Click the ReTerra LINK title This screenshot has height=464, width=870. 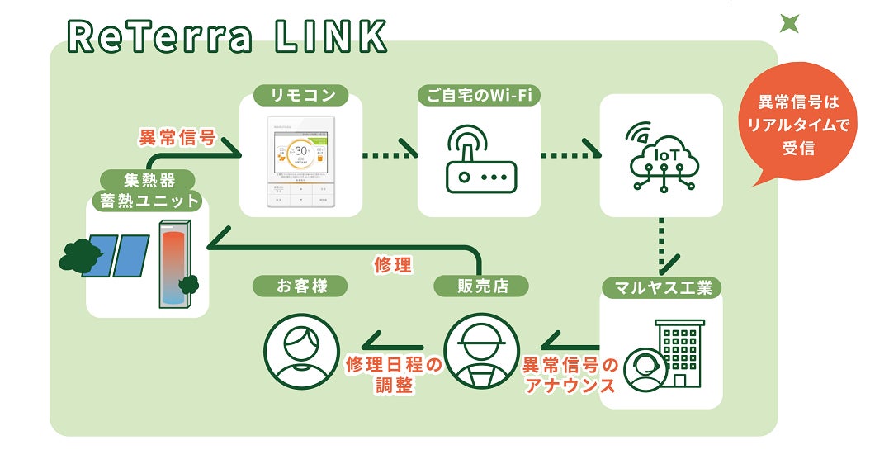(227, 36)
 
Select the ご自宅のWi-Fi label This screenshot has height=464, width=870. (479, 96)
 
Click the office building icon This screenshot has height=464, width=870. (682, 352)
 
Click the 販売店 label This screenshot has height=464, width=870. (481, 286)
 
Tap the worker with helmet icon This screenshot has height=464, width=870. (481, 351)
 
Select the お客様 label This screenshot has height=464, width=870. (300, 286)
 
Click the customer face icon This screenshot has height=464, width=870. (301, 351)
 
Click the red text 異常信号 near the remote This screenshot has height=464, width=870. (177, 137)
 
